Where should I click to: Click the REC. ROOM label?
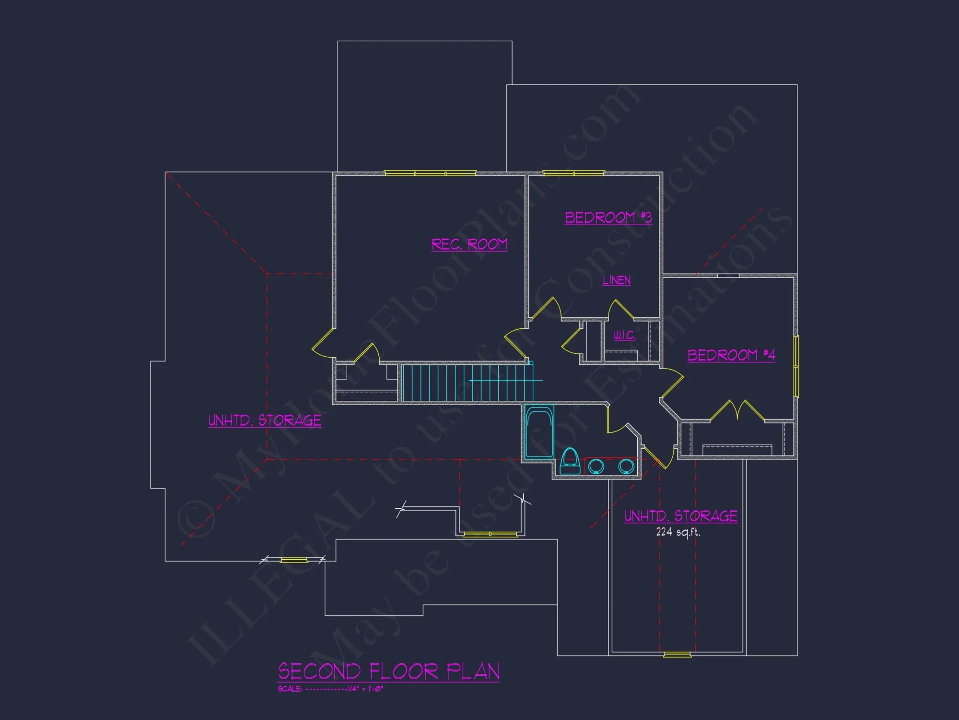469,245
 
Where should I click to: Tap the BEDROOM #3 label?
608,218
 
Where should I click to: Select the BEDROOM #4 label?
731,355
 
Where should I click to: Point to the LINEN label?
617,280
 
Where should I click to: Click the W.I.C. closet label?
624,335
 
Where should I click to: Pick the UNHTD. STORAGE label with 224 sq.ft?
680,516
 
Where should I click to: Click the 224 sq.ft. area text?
678,532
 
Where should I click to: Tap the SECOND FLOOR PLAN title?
388,672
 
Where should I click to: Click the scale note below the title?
330,689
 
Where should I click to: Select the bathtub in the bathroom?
539,432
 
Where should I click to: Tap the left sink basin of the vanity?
596,466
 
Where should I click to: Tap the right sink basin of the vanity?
626,466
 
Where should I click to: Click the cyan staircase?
468,382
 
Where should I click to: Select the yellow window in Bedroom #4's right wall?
796,367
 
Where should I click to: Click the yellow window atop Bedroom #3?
573,173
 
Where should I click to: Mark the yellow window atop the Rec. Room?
430,173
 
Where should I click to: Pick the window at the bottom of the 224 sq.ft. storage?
677,655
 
